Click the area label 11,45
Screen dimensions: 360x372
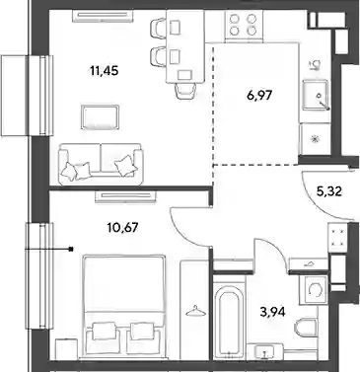(104, 71)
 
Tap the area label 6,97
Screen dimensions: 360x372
(259, 96)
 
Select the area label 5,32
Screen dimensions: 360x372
(329, 190)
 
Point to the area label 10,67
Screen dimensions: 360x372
(122, 227)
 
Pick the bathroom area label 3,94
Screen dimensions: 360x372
(272, 311)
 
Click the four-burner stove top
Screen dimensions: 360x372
(244, 25)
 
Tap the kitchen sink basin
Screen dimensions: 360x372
(316, 95)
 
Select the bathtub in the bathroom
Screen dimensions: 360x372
(230, 323)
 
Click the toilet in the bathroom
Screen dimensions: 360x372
(305, 330)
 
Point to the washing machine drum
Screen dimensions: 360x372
(314, 290)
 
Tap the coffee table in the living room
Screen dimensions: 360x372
(101, 117)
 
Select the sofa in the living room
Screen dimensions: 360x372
(101, 164)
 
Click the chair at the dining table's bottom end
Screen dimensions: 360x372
(184, 91)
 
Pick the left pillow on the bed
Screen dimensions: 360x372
(104, 331)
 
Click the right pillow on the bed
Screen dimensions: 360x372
(143, 331)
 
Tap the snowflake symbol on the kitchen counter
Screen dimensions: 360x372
(316, 139)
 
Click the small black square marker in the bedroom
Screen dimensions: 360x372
(71, 249)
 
